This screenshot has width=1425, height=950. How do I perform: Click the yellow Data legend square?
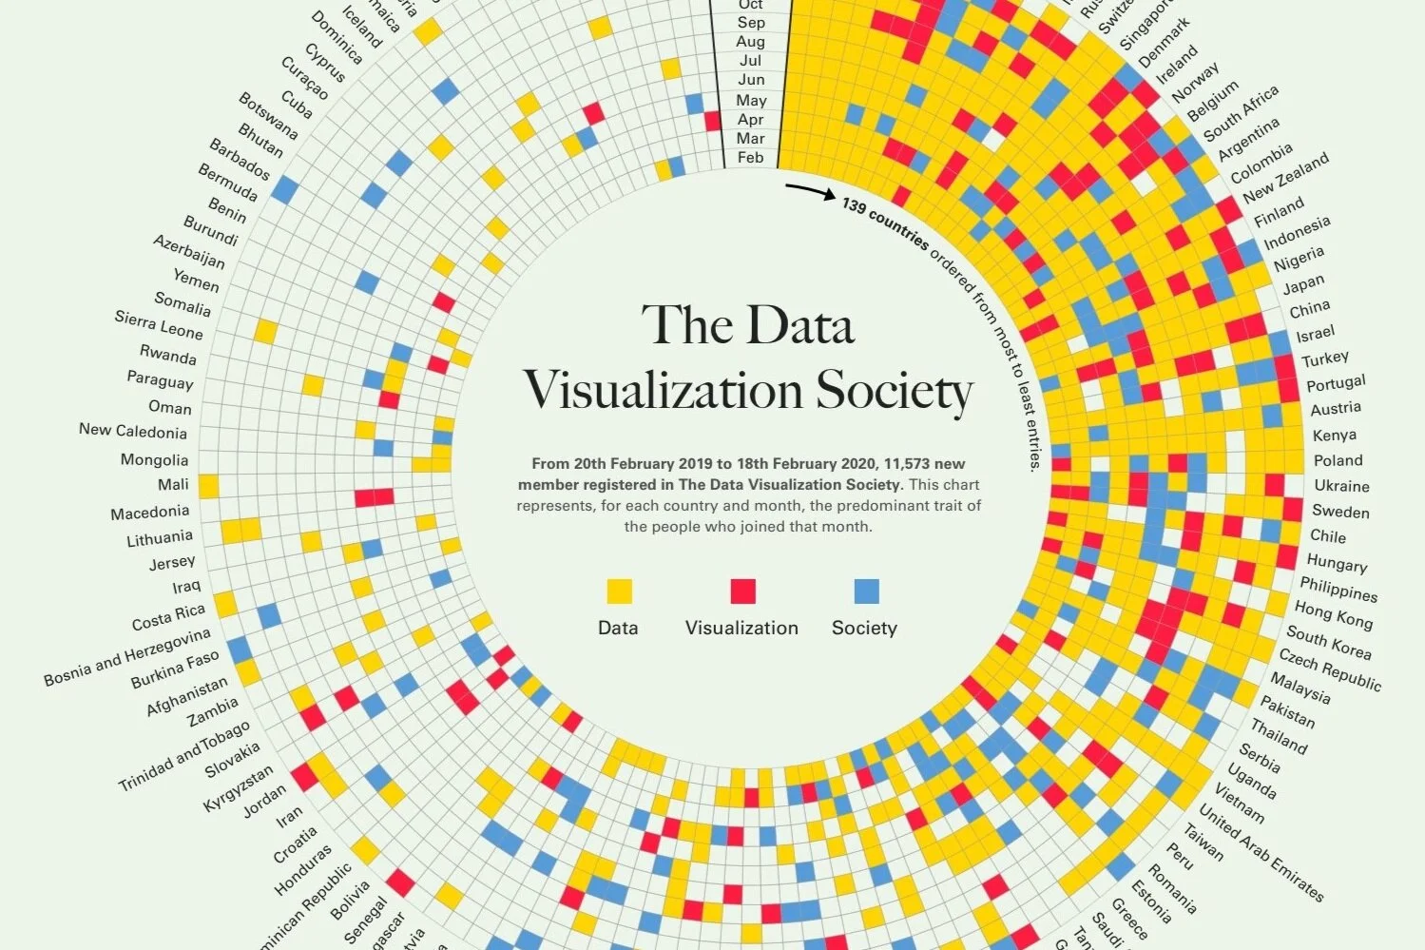click(x=619, y=591)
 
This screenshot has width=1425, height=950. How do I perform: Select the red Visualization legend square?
click(x=742, y=591)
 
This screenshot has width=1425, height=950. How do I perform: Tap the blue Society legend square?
click(x=866, y=591)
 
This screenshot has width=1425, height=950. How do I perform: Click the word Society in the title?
click(x=895, y=391)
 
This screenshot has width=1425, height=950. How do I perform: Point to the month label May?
click(x=751, y=100)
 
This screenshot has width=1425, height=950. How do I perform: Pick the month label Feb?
click(x=751, y=158)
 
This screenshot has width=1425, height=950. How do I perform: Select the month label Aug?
click(x=751, y=42)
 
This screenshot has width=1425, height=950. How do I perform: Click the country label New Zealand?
click(x=1285, y=178)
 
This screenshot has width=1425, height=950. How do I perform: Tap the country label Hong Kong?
click(x=1333, y=615)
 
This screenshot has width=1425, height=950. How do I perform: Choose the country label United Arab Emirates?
click(x=1261, y=852)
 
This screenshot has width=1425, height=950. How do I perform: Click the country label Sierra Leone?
click(x=159, y=325)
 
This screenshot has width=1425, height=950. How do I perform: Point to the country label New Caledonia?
click(x=133, y=431)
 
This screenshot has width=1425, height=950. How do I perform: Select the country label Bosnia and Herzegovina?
click(x=127, y=656)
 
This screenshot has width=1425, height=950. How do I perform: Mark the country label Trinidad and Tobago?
click(x=183, y=756)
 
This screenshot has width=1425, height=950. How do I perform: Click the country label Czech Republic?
click(x=1329, y=669)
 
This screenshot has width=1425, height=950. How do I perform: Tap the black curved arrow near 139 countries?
click(x=809, y=192)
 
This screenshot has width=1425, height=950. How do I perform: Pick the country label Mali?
click(x=173, y=485)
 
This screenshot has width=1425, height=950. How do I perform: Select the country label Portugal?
click(x=1336, y=383)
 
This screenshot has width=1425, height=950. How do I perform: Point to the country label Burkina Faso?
click(x=175, y=669)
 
